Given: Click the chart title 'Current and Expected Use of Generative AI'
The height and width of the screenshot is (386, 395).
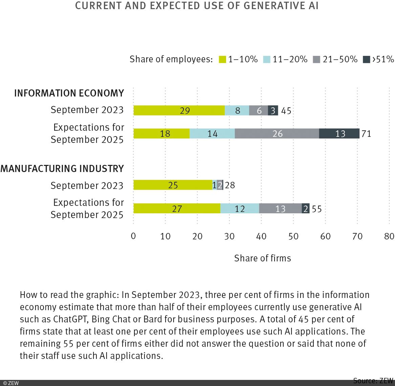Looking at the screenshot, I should click(x=197, y=6).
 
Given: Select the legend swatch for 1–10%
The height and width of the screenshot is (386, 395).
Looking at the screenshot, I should click(x=222, y=60).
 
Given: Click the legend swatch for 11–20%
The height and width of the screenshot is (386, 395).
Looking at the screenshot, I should click(x=267, y=60).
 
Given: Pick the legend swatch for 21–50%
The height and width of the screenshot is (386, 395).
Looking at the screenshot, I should click(x=316, y=60).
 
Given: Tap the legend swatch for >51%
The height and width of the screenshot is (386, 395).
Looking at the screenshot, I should click(x=366, y=60).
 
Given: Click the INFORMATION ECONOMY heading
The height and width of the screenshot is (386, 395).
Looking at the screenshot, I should click(x=69, y=93).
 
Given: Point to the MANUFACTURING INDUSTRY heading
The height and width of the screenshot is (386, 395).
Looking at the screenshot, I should click(x=62, y=169).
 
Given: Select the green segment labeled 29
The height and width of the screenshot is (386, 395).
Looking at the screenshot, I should click(x=179, y=110).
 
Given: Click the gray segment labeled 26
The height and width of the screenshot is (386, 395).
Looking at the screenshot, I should click(x=277, y=133).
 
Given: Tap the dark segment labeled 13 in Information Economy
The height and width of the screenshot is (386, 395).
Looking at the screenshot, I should click(x=339, y=133).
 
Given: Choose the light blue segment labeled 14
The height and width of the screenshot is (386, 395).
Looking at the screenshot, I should click(x=212, y=133).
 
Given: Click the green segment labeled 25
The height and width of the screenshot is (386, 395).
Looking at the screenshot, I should click(x=173, y=185).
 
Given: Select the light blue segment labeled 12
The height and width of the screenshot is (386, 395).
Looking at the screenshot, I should click(x=239, y=209).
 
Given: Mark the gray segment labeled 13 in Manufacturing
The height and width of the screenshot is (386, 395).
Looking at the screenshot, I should click(x=280, y=209).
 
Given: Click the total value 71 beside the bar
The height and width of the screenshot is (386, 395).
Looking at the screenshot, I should click(x=366, y=134).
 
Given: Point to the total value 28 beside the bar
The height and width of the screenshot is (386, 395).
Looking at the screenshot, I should click(x=230, y=185).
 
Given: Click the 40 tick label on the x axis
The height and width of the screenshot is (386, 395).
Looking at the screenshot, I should click(x=261, y=236).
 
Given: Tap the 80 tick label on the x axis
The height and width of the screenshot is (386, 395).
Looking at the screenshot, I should click(x=389, y=236).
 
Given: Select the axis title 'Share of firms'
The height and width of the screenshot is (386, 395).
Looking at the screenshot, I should click(x=262, y=258).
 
